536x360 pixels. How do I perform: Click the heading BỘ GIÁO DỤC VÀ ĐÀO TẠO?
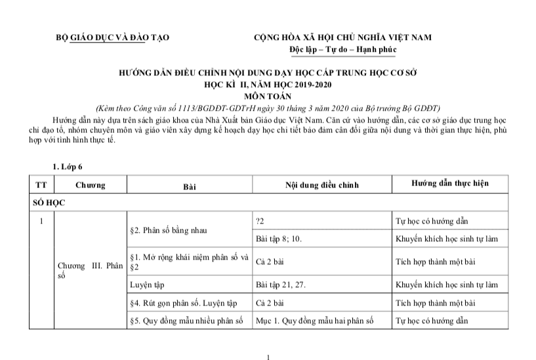(x=112, y=37)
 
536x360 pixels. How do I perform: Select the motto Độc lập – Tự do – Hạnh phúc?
(x=342, y=49)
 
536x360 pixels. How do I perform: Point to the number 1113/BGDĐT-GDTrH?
(x=198, y=107)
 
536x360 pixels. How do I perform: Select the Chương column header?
(x=90, y=185)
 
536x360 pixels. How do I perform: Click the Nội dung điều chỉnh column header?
(x=321, y=185)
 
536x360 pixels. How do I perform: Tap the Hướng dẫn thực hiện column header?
(x=449, y=184)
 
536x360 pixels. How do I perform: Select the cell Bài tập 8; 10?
(x=278, y=239)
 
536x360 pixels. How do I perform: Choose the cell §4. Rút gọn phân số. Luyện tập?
(x=182, y=303)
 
